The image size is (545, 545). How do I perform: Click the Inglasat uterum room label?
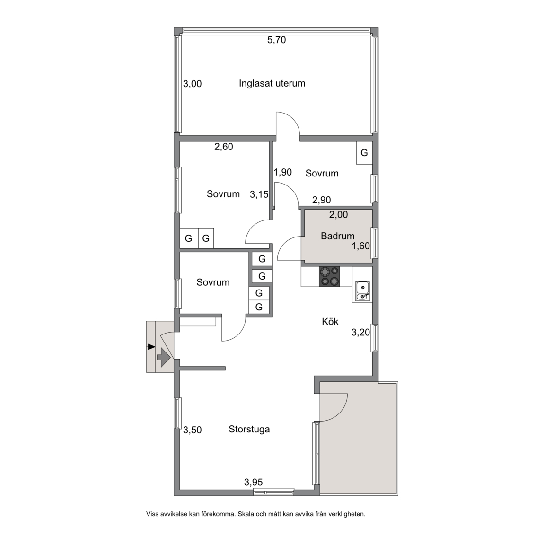(x=272, y=83)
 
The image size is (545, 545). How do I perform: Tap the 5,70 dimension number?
(x=276, y=40)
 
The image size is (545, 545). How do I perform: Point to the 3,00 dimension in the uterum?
(x=192, y=84)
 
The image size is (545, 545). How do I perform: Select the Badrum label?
(x=337, y=236)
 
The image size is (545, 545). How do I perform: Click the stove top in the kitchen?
(x=329, y=276)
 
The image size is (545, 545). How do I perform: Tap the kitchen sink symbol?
(x=362, y=291)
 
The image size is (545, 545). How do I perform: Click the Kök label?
(x=330, y=322)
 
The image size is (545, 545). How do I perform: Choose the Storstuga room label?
(x=249, y=429)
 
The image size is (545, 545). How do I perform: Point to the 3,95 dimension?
(x=254, y=482)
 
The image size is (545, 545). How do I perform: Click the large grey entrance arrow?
(x=163, y=357)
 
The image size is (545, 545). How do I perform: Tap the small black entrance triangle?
(x=151, y=346)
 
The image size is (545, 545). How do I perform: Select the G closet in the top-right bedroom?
(x=364, y=153)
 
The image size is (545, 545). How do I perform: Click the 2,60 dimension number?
(x=223, y=147)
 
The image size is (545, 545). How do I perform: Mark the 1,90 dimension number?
(x=282, y=172)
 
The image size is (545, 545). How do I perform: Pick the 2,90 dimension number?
(x=322, y=200)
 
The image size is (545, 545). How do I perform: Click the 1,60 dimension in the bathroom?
(x=361, y=246)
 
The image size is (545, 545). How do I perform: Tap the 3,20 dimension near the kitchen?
(x=360, y=333)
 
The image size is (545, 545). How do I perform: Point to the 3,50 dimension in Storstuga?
(x=192, y=430)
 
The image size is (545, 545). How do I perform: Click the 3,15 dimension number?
(x=259, y=194)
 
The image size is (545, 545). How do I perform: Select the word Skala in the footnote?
(x=246, y=514)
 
